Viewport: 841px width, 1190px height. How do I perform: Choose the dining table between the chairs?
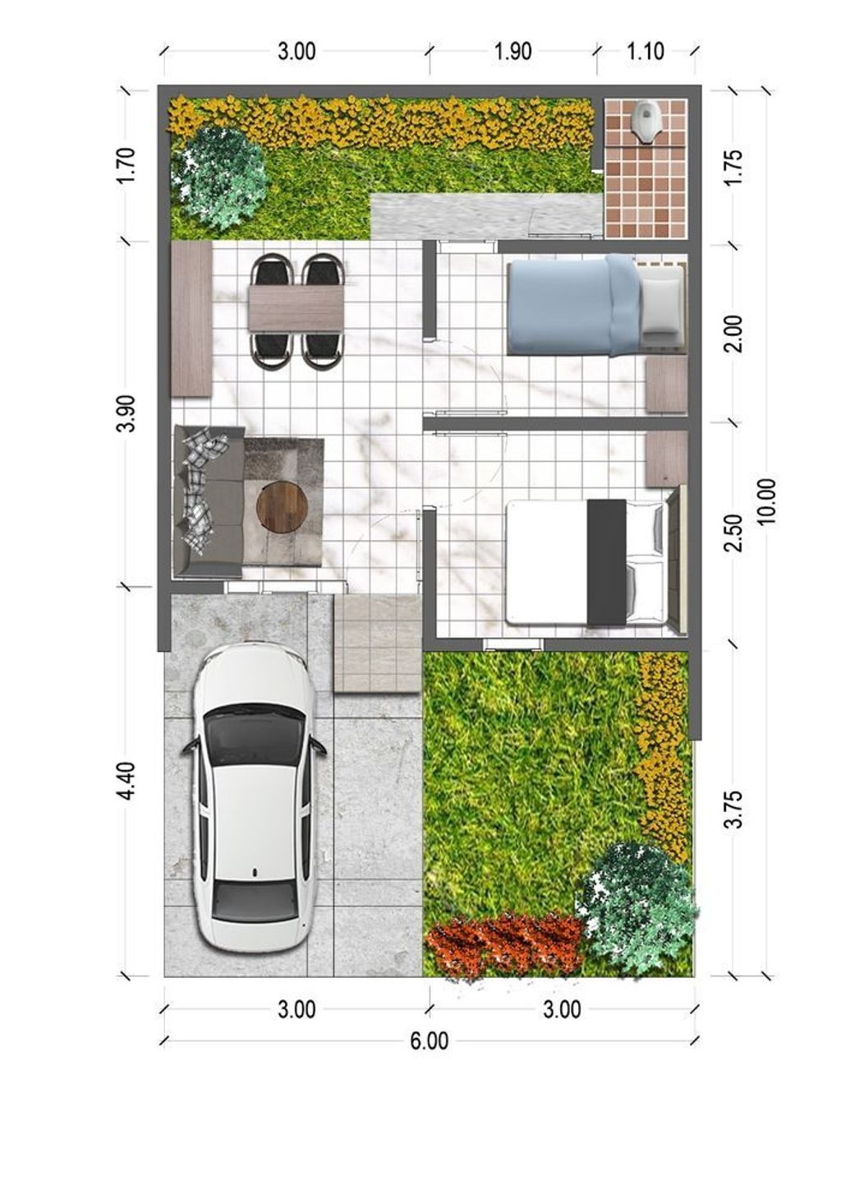coord(296,307)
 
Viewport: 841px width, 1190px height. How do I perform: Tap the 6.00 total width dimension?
coord(429,1041)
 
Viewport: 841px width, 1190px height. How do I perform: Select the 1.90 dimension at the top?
coord(512,51)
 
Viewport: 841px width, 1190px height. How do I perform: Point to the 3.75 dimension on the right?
coord(734,809)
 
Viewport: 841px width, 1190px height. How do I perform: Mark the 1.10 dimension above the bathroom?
coord(646,51)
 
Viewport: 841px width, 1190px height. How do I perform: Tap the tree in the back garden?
coord(218,175)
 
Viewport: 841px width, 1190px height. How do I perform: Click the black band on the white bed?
coord(606,562)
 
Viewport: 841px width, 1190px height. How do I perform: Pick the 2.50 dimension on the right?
coord(734,533)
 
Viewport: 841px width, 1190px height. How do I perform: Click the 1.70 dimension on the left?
coord(126,164)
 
